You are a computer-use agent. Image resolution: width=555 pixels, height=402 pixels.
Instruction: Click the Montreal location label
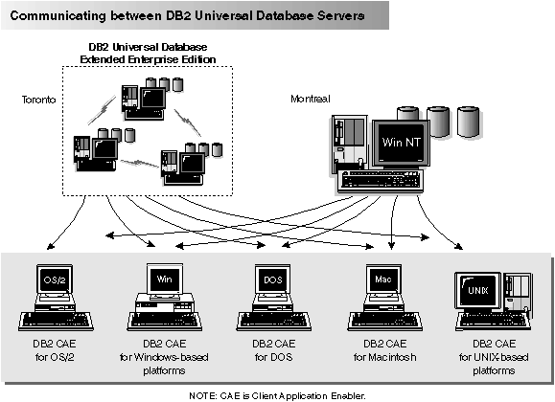(x=311, y=99)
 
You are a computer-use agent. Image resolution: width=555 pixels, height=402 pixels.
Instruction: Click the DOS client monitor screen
(x=271, y=279)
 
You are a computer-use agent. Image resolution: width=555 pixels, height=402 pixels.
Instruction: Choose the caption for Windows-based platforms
(x=162, y=354)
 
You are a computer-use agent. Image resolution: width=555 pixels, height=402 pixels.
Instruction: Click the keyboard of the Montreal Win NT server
(x=388, y=180)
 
